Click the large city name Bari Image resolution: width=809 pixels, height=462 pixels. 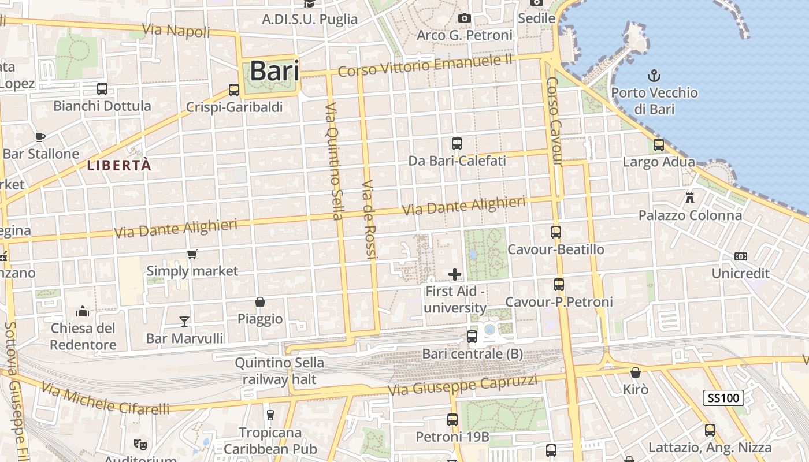[274, 71]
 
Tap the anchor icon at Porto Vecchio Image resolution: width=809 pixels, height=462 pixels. [654, 76]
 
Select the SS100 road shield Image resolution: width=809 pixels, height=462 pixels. [723, 397]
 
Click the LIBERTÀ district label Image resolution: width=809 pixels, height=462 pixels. [119, 166]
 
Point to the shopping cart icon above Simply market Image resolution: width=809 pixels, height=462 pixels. [192, 254]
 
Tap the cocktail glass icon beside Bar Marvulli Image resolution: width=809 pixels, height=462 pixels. [184, 321]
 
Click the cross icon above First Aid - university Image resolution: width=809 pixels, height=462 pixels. [455, 274]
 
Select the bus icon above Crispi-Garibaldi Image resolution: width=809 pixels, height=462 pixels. [234, 90]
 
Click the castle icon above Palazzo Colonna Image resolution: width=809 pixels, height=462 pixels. [689, 198]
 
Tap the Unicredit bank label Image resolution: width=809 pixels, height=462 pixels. [741, 273]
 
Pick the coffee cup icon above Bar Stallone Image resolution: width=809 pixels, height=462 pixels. [40, 137]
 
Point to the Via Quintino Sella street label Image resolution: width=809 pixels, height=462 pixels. [334, 162]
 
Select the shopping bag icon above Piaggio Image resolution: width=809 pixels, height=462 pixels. [260, 302]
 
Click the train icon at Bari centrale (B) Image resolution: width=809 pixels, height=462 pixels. [472, 336]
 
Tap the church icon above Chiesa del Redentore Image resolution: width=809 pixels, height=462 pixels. [83, 311]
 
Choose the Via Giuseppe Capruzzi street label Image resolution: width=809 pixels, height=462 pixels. [462, 385]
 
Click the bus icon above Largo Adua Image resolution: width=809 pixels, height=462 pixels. [658, 145]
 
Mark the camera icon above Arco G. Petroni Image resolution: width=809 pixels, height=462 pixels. [464, 18]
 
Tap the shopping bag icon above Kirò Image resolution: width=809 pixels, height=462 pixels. [636, 372]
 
